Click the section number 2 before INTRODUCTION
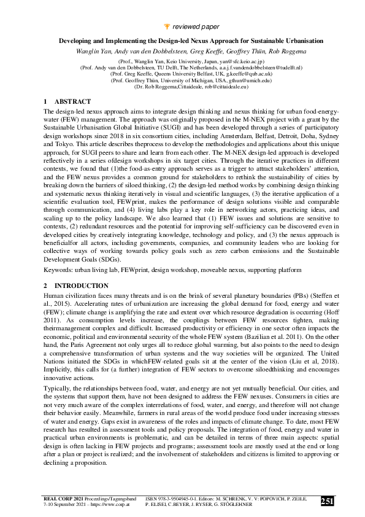click(x=46, y=286)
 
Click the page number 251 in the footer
click(x=328, y=501)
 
